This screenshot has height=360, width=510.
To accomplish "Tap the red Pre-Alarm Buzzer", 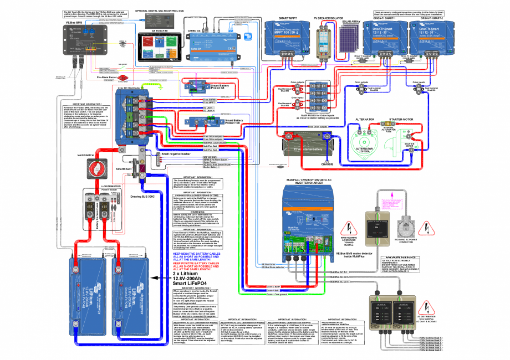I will coord(123,78).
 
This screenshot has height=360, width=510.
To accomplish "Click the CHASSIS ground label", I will coord(327,164).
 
